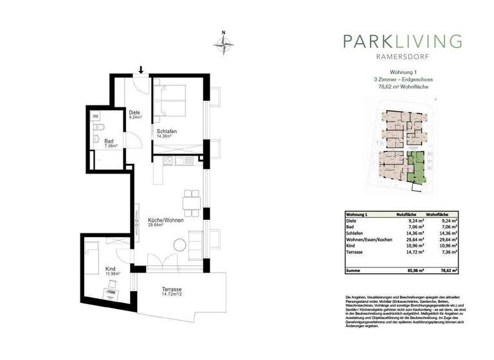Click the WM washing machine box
(95, 116)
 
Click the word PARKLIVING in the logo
(403, 42)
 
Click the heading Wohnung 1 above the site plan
(403, 73)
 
